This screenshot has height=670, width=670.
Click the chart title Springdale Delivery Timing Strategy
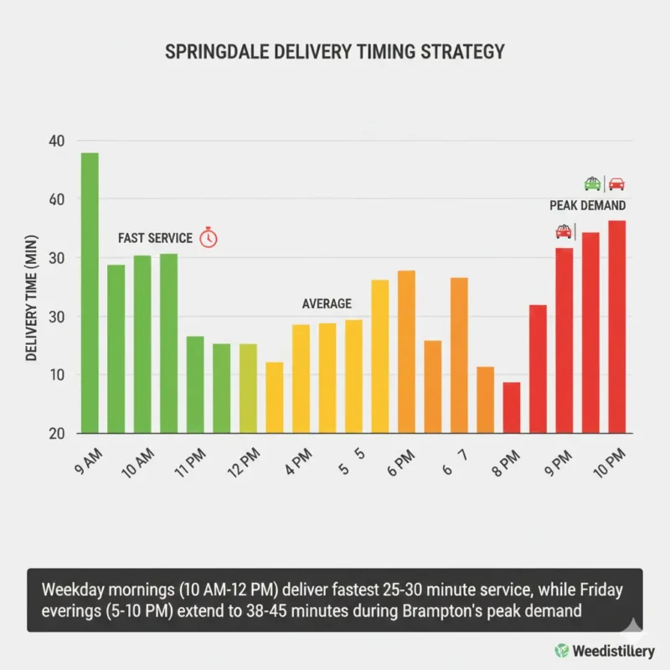335,51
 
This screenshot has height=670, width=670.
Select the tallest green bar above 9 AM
89,293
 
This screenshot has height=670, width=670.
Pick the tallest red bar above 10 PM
617,327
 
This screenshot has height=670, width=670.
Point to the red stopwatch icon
209,238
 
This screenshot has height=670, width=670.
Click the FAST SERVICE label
155,238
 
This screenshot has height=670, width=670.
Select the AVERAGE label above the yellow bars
327,304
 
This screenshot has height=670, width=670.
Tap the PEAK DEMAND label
587,205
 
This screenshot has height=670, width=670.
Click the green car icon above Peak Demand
592,183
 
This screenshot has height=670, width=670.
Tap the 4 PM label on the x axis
298,461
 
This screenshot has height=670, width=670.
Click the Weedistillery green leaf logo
561,650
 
